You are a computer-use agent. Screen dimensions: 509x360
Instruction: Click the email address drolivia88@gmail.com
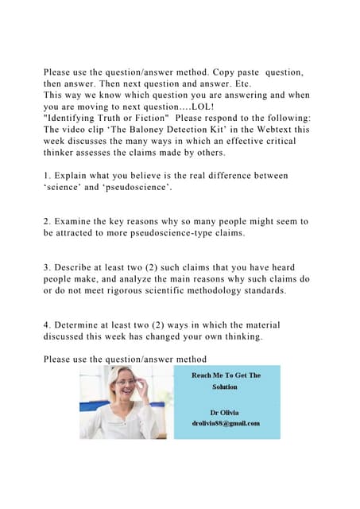[225, 423]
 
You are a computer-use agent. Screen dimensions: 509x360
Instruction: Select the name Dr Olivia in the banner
[225, 412]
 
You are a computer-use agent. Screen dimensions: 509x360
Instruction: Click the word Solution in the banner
[225, 387]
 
